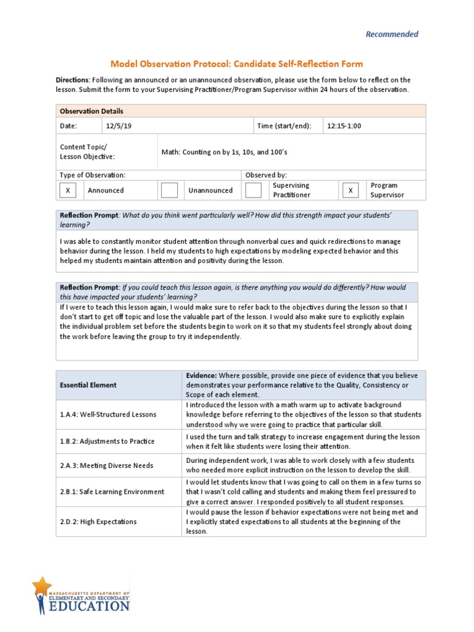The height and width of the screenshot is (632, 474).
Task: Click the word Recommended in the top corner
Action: (x=392, y=35)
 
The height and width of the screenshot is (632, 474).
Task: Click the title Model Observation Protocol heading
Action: (x=236, y=64)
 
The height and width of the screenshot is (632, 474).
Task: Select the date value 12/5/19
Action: (x=119, y=126)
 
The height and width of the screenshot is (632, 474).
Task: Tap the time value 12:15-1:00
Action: (x=344, y=126)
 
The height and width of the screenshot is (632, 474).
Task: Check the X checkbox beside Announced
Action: (x=68, y=190)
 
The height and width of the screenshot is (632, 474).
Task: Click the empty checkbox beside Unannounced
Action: (x=169, y=190)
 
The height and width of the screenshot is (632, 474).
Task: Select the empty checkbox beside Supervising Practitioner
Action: (x=253, y=190)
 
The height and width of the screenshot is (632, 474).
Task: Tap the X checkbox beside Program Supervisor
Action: (x=351, y=190)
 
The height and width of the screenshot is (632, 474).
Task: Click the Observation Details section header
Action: (x=91, y=111)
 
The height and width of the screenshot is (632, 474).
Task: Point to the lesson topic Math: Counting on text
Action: (x=225, y=152)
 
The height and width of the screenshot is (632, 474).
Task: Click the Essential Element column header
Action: (x=88, y=385)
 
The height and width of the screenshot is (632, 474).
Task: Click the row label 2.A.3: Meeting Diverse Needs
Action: (x=106, y=465)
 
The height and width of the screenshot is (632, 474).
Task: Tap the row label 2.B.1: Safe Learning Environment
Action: (x=112, y=492)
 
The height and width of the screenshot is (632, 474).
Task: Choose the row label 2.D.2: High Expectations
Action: (x=98, y=522)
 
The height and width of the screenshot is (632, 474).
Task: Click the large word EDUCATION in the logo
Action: (x=90, y=606)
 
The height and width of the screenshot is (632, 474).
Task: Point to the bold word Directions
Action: (x=73, y=80)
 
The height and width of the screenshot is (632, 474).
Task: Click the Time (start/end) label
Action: (x=285, y=126)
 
